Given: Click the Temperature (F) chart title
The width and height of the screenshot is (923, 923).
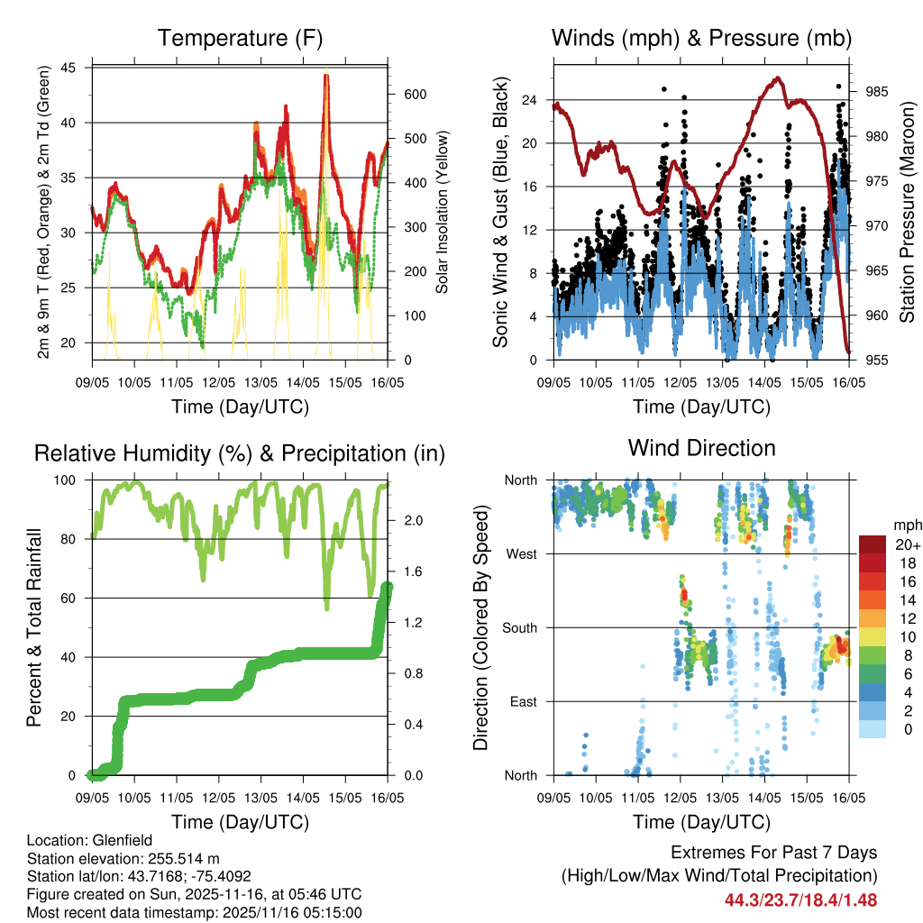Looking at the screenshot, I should coord(240,39).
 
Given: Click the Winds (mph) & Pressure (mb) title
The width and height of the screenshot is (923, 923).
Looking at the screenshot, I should coord(701,39).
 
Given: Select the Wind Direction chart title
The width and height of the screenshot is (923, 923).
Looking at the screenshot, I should coord(701,448).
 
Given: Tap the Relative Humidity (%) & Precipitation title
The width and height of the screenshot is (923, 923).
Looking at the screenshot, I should coord(240,453).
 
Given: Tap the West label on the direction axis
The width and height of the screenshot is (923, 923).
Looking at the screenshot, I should coord(522,553).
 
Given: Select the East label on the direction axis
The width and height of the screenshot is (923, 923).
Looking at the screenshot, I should coord(524,701).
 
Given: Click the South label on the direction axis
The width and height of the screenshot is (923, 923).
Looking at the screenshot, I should coord(520,627).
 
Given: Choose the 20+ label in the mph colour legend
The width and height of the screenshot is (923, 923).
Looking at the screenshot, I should coord(906,544).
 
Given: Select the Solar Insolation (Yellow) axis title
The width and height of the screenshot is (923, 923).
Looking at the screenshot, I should coord(443,212).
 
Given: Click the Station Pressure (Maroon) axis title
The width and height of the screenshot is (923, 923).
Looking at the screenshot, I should coord(906,212).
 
